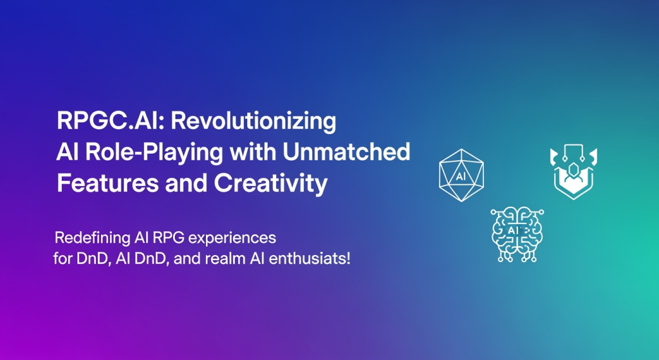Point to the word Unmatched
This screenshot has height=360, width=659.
click(x=346, y=151)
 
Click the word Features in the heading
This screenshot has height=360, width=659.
click(x=107, y=183)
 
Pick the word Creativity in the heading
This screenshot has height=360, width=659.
click(x=271, y=184)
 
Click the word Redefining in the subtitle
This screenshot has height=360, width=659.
click(x=93, y=238)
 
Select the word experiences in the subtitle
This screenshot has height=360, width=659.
click(x=232, y=238)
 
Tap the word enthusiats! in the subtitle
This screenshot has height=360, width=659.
click(x=310, y=258)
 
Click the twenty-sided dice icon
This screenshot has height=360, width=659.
click(x=461, y=175)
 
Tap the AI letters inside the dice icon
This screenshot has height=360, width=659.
click(x=461, y=176)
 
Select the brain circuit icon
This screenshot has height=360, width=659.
click(x=517, y=234)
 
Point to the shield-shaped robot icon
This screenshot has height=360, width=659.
click(x=573, y=171)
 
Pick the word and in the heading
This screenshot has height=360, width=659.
click(x=187, y=183)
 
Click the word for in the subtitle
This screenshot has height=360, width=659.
click(x=63, y=258)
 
